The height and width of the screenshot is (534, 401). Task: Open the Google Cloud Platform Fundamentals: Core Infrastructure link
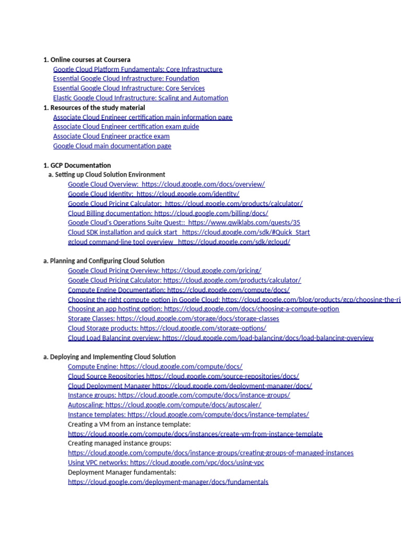click(x=137, y=69)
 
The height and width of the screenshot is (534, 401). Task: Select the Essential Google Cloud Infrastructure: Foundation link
click(x=126, y=79)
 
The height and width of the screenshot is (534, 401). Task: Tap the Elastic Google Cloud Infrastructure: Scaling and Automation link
click(x=140, y=98)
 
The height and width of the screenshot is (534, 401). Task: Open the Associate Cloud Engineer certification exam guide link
click(x=126, y=127)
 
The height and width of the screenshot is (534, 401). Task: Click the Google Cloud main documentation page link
click(x=112, y=146)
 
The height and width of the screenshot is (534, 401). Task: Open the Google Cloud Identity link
click(x=154, y=194)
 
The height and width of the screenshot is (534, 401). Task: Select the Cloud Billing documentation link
click(x=168, y=213)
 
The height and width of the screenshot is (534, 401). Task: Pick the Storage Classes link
click(x=173, y=319)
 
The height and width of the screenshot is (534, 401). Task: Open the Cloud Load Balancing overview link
click(x=220, y=338)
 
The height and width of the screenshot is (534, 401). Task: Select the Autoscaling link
click(x=164, y=405)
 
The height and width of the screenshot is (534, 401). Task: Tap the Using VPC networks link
click(x=166, y=463)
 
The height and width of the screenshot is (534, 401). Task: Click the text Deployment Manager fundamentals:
click(x=122, y=472)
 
